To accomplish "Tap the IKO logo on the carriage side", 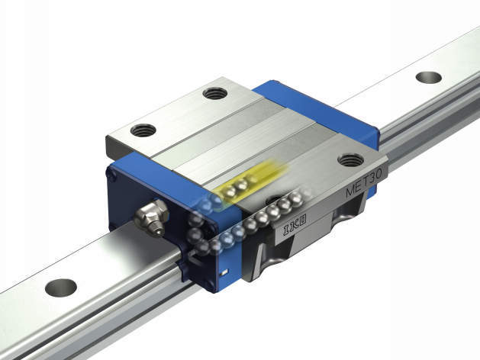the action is tap(295, 226).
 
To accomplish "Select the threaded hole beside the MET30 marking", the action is tap(350, 160).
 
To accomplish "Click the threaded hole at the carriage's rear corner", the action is tap(215, 93).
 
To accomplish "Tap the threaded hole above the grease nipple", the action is tap(143, 130).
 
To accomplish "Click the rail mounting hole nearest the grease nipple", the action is tap(61, 288).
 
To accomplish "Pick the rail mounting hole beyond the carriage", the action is tap(429, 78).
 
